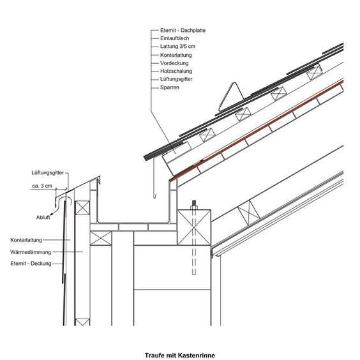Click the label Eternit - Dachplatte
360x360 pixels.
tap(183, 30)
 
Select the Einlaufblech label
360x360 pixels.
tap(174, 38)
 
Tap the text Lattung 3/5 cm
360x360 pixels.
tap(177, 47)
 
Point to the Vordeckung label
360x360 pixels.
tap(174, 63)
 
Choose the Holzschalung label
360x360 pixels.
tap(176, 71)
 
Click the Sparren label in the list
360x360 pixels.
tap(169, 87)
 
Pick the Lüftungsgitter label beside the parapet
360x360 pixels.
tap(47, 172)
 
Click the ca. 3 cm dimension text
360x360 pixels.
tap(42, 186)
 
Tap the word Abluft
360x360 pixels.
tap(43, 217)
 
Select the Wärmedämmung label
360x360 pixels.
tap(31, 252)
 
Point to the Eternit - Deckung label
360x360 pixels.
tap(31, 264)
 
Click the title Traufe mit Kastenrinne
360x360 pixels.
tap(180, 356)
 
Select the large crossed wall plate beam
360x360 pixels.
tap(194, 227)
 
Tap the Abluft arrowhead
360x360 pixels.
tap(52, 214)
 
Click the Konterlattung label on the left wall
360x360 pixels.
tap(26, 240)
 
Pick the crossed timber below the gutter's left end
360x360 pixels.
tap(101, 238)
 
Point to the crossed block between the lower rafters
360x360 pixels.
tap(249, 213)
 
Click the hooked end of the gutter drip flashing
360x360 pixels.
tap(154, 196)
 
